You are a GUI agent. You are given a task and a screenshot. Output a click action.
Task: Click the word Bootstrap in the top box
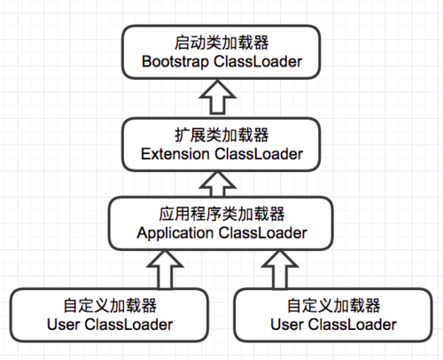click(x=173, y=62)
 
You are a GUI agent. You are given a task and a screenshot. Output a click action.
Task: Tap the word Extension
click(x=172, y=154)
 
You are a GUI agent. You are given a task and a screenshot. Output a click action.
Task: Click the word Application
click(x=175, y=233)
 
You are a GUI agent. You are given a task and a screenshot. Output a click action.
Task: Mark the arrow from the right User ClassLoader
click(x=281, y=268)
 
